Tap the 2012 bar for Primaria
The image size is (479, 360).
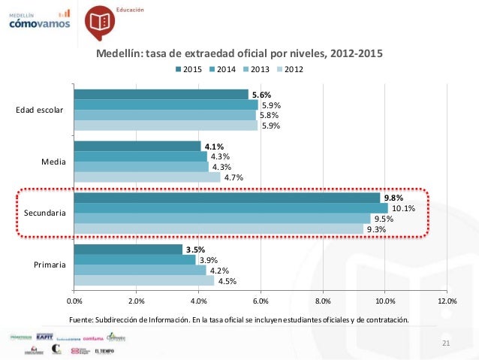pos(143,280)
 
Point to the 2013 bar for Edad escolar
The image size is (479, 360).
pos(164,115)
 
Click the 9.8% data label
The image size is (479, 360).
pos(394,198)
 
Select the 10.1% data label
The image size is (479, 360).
pos(404,208)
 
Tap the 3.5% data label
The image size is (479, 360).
pos(194,250)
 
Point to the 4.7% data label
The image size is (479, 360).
pos(233,177)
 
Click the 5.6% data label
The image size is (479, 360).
pos(261,95)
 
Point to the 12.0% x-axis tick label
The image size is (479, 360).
pos(447,301)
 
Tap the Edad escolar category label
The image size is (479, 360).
pos(41,110)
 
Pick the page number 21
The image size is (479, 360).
pos(445,343)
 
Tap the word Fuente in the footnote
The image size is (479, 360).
pos(82,319)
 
